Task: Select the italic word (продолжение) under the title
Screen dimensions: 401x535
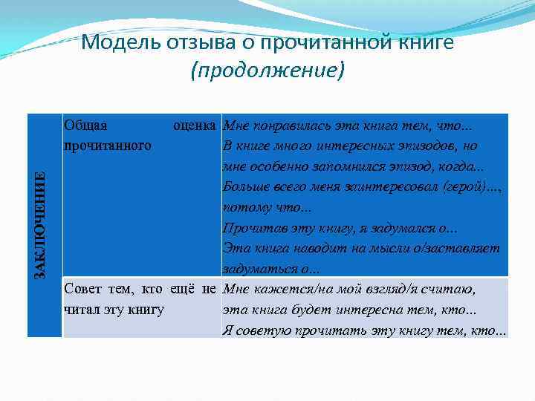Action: point(267,71)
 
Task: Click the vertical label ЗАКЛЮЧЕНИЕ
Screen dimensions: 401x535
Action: point(43,225)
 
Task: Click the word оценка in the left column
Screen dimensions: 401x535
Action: point(195,126)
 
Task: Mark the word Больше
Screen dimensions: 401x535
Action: point(248,187)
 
